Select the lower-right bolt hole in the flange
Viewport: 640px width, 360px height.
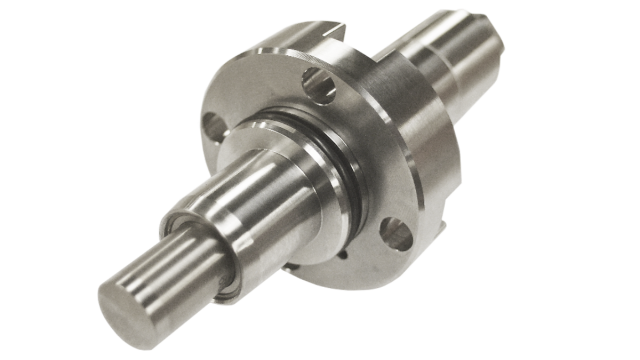[397, 235]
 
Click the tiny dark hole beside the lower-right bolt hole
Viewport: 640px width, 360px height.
[346, 254]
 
